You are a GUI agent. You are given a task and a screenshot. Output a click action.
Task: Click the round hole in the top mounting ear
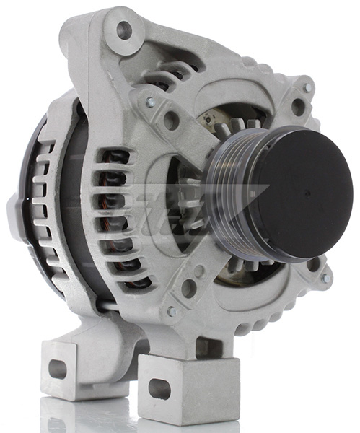(x=124, y=31)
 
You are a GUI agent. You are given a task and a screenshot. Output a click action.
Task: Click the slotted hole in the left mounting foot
(x=58, y=369)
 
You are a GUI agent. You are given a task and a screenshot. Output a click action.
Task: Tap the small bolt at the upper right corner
(x=308, y=88)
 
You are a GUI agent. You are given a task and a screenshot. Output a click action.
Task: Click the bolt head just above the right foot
(x=171, y=312)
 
